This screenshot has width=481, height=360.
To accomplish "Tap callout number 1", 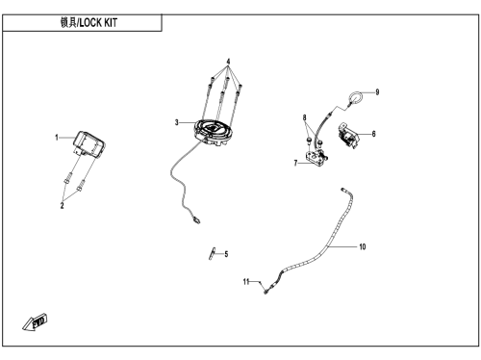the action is point(57,138).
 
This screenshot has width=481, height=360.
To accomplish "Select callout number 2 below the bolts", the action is point(63,205).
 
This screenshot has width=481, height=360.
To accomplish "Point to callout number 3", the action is point(177,122).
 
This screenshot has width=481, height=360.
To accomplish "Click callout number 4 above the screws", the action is point(228,62).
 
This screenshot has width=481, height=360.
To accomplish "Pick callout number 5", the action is point(226,254).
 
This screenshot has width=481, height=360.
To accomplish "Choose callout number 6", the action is point(373,134).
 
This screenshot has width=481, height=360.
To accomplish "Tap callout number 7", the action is point(295,164).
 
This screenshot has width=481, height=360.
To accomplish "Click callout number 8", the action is point(304,117).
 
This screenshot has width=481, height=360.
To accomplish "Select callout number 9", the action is point(377,92).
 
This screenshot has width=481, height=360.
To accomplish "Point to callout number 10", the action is point(363,246).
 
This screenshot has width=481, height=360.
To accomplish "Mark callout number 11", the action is point(246,282).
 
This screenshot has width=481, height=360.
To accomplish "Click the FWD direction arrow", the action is point(35,322).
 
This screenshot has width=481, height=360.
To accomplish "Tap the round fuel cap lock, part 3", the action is point(214,132).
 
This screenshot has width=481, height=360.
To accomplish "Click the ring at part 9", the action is point(356,93).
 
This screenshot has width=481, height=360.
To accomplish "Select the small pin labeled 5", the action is point(213,253).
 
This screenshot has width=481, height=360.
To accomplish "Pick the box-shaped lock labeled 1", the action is point(89,144).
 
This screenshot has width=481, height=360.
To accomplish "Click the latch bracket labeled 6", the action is point(347,136).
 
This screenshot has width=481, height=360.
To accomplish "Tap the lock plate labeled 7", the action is point(316,158).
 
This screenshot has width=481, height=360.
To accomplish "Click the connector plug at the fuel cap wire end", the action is point(196,219).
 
